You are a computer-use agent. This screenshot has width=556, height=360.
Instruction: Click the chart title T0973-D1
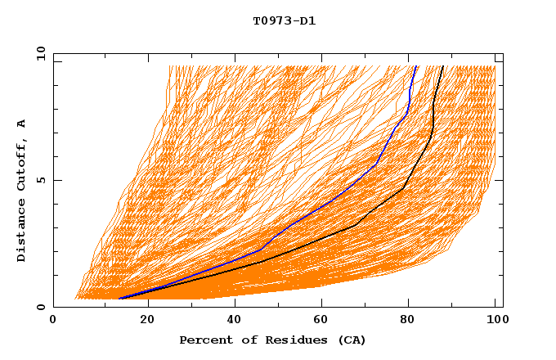coord(284,20)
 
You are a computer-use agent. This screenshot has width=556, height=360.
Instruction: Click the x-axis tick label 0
coord(53,322)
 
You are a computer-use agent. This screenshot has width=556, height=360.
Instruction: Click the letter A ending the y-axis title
coord(22,124)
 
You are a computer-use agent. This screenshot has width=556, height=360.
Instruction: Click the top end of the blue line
coord(416,66)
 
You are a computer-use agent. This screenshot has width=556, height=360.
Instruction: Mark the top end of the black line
coord(443,66)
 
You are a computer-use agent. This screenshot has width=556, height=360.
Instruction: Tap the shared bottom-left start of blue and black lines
coord(119,299)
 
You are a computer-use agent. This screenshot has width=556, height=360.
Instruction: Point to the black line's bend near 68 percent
coord(356,224)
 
